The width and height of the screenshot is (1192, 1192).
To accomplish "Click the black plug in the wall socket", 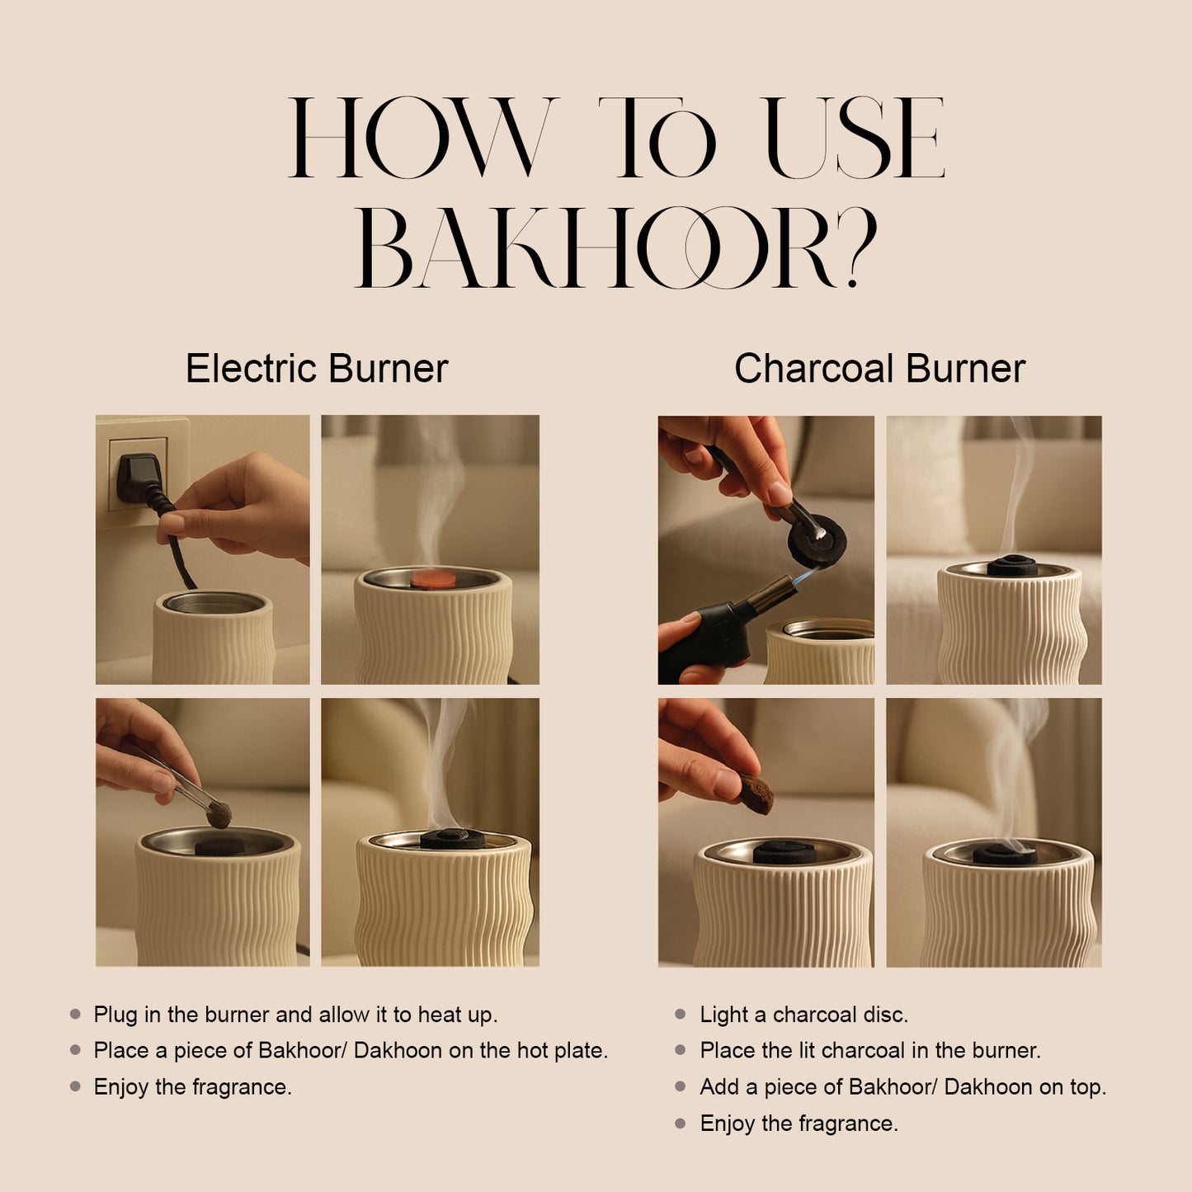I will [x=135, y=478].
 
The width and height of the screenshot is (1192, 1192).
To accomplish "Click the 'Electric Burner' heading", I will [x=317, y=368].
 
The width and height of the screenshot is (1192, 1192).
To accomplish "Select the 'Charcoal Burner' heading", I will [x=879, y=368].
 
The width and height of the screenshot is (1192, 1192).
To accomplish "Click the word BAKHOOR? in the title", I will [x=615, y=247].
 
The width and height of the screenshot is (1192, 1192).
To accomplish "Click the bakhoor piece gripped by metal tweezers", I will [x=219, y=816].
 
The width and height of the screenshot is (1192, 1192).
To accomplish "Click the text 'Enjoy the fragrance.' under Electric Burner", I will [x=193, y=1087].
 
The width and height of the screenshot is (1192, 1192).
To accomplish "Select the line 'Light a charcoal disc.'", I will [x=803, y=1015].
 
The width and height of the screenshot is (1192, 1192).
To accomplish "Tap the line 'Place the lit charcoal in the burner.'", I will [x=870, y=1051].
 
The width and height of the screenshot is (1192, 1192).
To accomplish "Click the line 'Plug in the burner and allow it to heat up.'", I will [x=295, y=1015].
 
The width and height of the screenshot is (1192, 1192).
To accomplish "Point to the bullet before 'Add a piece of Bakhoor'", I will [x=681, y=1087].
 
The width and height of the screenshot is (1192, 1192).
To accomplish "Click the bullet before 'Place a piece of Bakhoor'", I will [x=76, y=1051].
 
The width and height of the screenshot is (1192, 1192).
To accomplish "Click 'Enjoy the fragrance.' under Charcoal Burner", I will [x=799, y=1124].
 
